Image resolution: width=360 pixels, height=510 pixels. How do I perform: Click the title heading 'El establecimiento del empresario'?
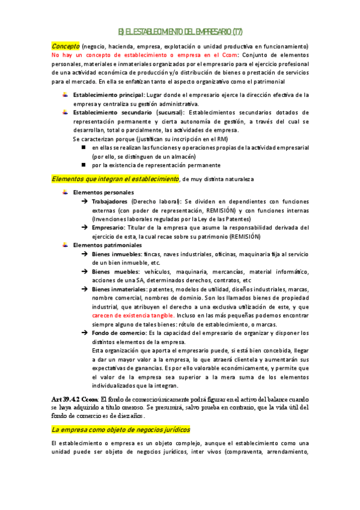(180, 31)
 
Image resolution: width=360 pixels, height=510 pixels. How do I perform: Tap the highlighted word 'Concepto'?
(66, 46)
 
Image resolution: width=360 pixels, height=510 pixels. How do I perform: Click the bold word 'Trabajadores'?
(110, 201)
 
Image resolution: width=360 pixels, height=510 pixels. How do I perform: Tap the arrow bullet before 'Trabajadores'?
(85, 201)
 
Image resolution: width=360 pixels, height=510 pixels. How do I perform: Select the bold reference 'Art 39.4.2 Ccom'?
(75, 382)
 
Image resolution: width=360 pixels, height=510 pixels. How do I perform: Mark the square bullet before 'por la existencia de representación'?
(85, 165)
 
